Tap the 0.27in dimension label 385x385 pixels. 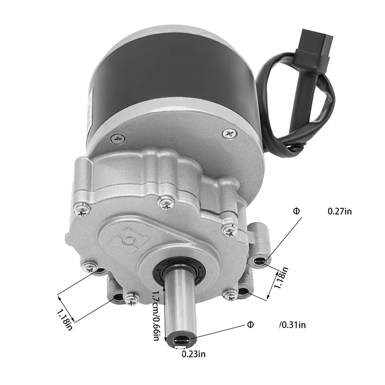339,211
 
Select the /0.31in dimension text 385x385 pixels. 292,325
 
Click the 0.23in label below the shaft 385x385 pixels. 193,354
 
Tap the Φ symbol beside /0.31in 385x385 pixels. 250,324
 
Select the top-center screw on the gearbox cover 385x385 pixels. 166,204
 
